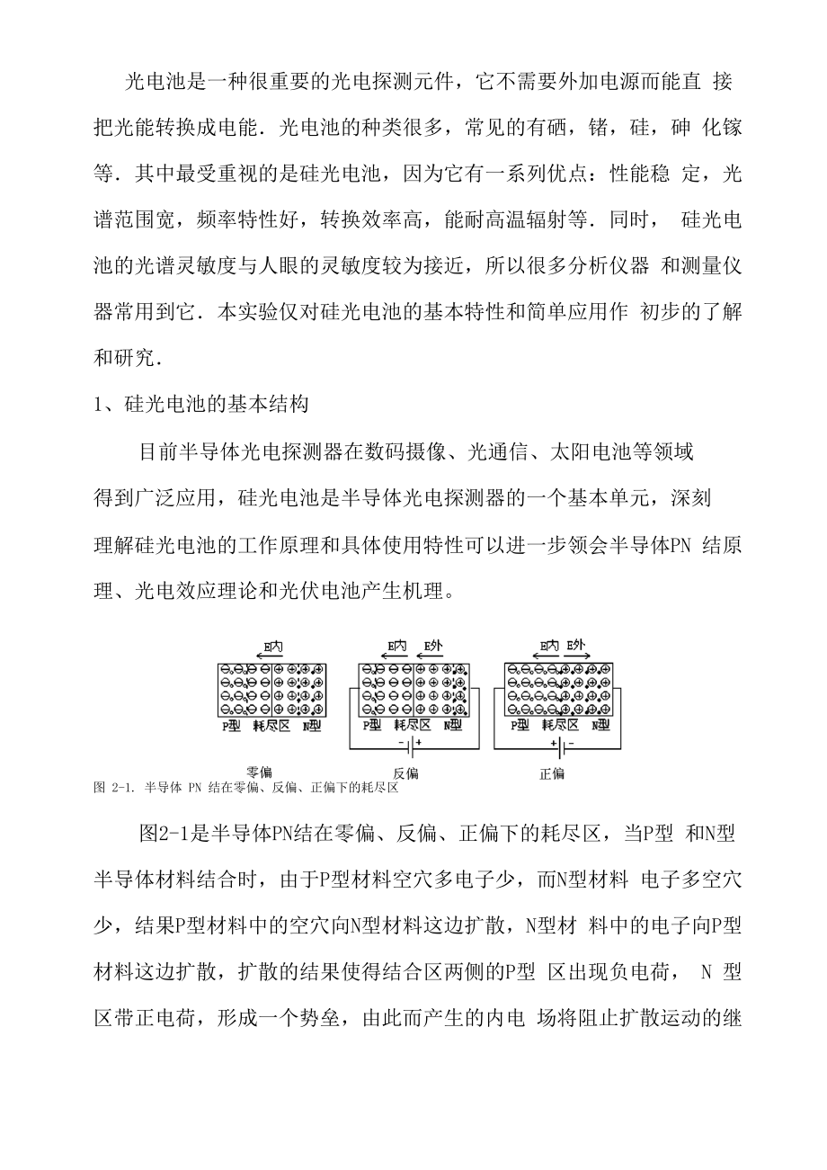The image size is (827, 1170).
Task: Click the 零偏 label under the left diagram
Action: pyautogui.click(x=260, y=773)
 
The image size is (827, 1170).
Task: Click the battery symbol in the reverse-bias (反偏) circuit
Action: pyautogui.click(x=409, y=746)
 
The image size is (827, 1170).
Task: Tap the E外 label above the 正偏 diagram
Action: pyautogui.click(x=576, y=645)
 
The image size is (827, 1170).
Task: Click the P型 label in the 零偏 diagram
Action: pyautogui.click(x=231, y=725)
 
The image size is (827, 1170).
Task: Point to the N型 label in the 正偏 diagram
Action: pyautogui.click(x=600, y=725)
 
